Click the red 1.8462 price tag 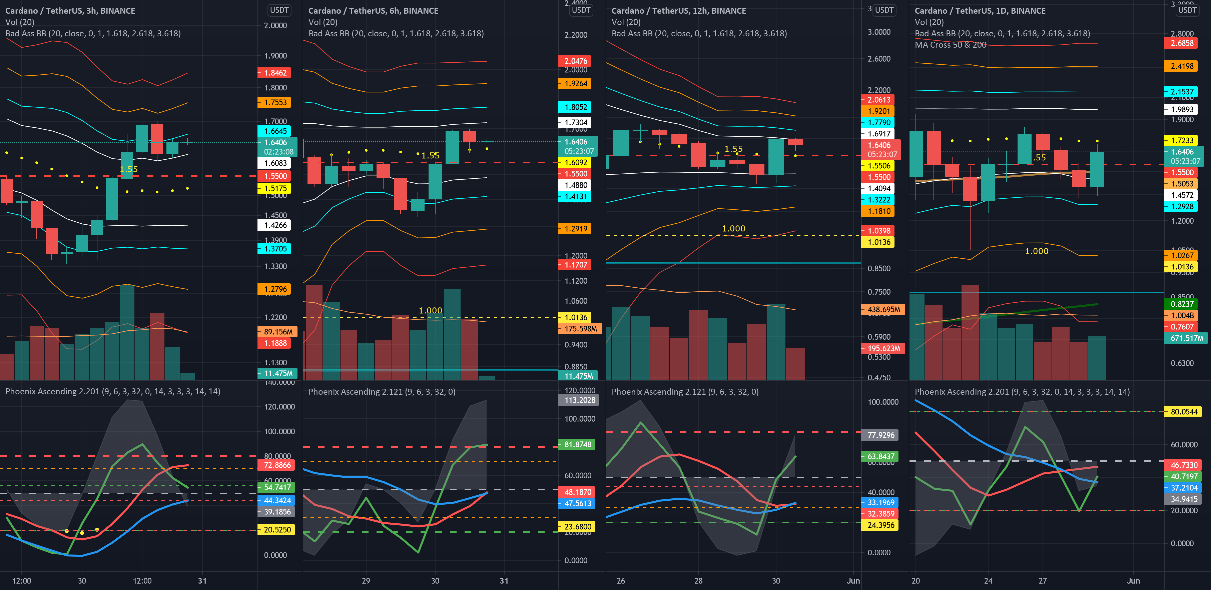(x=274, y=73)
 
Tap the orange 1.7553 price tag (x=274, y=102)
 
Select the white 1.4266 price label (x=274, y=225)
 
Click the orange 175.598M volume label (x=580, y=329)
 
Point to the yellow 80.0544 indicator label (x=1183, y=412)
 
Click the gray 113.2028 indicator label (x=579, y=400)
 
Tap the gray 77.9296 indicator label (x=880, y=435)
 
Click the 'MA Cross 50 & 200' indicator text (x=950, y=45)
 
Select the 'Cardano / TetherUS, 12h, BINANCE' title (x=678, y=11)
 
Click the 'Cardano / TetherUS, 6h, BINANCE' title (x=373, y=11)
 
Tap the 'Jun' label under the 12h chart (x=853, y=581)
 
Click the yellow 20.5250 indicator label (x=277, y=530)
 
